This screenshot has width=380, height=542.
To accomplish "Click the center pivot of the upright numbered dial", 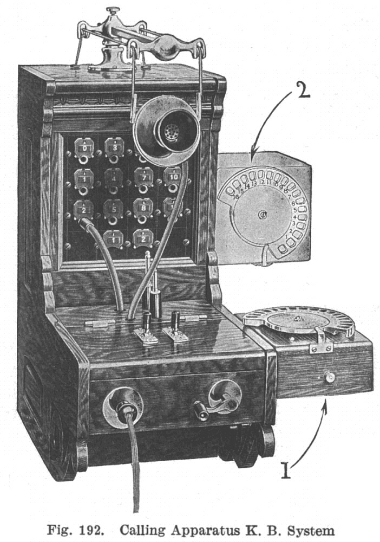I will pos(263,215).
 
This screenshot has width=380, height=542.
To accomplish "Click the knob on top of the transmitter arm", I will pos(114,11).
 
